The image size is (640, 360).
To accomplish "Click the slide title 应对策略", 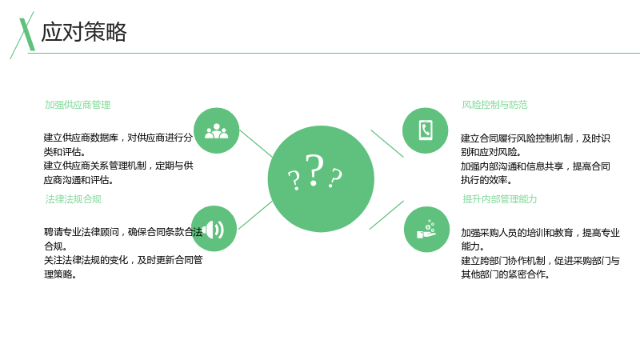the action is (x=84, y=32).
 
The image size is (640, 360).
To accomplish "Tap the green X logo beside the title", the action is (x=25, y=35).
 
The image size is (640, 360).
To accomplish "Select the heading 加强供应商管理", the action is (x=78, y=105).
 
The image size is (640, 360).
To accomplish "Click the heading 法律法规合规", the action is (x=73, y=199).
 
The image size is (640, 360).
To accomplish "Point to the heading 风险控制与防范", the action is (x=494, y=105).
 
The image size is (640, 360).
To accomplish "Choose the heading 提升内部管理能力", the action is (x=499, y=199).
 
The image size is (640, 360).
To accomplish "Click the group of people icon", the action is (x=216, y=130).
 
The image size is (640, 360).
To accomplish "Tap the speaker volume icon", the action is (x=214, y=229).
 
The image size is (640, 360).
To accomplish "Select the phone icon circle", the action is (x=426, y=130).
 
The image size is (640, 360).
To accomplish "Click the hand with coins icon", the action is (x=427, y=230).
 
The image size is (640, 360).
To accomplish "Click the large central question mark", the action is (x=314, y=170).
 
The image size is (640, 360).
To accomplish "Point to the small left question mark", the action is (x=294, y=181).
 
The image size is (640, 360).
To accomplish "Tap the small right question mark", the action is (x=335, y=178).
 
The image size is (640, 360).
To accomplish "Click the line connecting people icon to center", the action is (x=256, y=144).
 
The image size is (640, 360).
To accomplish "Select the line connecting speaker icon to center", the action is (x=255, y=215).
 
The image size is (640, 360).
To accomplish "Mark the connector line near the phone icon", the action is (x=387, y=144).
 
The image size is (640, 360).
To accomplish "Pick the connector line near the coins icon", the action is (x=386, y=215).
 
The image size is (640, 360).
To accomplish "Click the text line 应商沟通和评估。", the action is (x=78, y=180).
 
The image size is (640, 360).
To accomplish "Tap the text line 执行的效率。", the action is (x=486, y=180).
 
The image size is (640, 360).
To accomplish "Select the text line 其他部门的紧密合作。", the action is (x=506, y=274).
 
